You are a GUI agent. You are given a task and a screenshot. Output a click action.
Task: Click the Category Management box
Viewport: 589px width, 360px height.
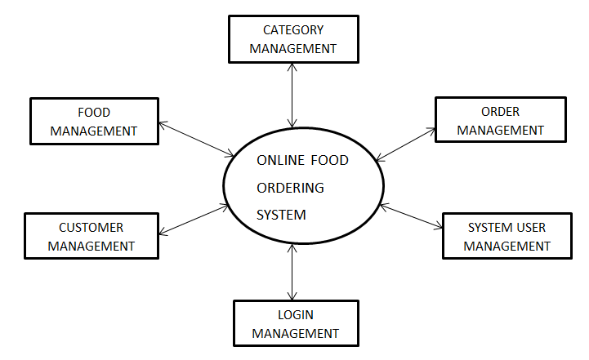click(292, 39)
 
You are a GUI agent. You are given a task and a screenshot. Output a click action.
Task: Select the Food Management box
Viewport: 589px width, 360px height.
click(94, 121)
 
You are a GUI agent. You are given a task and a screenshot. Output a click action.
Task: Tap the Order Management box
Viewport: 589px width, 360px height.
click(500, 121)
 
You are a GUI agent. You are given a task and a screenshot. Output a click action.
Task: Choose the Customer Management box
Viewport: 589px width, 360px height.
click(91, 236)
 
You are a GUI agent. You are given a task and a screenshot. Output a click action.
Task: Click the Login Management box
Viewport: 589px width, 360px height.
click(294, 323)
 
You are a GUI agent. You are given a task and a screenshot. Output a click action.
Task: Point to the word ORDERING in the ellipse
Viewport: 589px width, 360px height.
click(290, 188)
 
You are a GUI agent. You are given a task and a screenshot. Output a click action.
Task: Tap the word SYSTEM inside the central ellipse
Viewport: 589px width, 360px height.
click(281, 216)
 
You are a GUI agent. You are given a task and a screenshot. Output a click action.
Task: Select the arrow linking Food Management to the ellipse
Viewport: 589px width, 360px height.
click(196, 140)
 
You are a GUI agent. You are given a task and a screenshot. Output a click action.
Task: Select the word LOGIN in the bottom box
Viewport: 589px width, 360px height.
click(294, 314)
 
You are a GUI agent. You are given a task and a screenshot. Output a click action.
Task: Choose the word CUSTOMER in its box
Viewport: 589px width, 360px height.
click(91, 227)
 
